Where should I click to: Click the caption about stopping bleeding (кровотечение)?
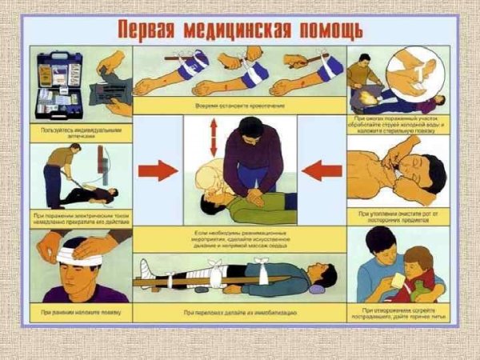239,105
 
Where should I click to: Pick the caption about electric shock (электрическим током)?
81,218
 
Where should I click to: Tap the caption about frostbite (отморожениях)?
398,311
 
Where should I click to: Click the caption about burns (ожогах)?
398,123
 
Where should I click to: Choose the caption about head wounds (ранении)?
80,310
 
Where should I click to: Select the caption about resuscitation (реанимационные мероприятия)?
239,238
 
